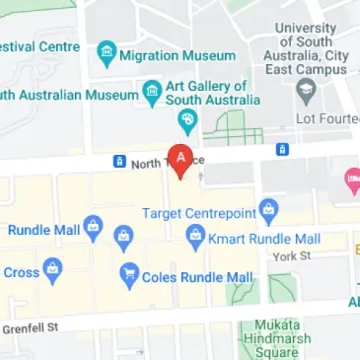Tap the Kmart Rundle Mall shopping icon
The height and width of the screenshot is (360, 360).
[194, 237]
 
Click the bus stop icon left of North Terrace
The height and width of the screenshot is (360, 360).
[118, 161]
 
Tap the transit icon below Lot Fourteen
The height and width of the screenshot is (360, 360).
[282, 149]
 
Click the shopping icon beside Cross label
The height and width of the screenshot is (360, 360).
[51, 268]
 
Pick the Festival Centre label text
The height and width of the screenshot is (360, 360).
[39, 46]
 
